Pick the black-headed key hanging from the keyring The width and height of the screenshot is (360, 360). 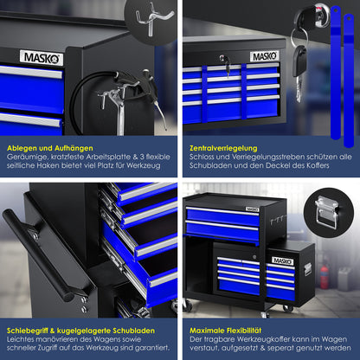point(300,61)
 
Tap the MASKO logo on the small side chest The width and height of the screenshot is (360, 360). point(283,260)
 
